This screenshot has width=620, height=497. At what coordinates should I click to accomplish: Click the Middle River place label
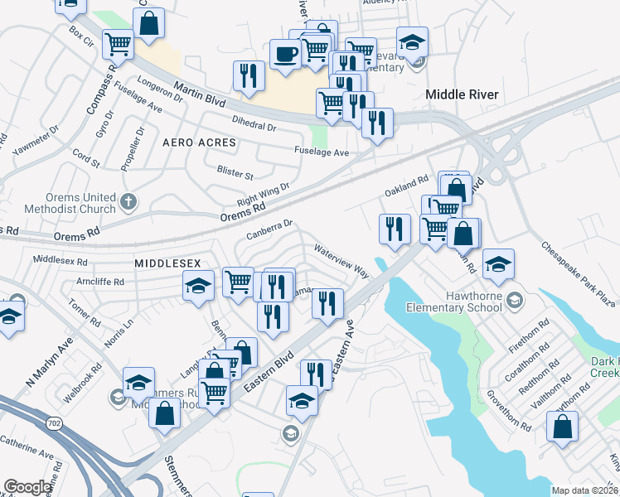pos(462,94)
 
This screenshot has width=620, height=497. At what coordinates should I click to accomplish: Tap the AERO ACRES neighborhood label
pos(199,142)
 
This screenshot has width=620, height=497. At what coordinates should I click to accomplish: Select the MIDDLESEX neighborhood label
pos(167,262)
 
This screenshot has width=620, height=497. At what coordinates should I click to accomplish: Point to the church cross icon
pos(128,200)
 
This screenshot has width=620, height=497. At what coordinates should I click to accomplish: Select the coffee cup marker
pos(286,54)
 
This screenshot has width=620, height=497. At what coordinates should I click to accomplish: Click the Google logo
pos(27,487)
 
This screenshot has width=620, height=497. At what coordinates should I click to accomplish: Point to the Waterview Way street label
pos(341,259)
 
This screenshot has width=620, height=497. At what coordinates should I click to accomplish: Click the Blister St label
pos(235,175)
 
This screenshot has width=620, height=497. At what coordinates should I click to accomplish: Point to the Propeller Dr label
pos(132,148)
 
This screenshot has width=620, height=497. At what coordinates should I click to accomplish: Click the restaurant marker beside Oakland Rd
pos(395,228)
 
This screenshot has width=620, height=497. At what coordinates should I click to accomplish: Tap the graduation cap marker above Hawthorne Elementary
pos(498,264)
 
